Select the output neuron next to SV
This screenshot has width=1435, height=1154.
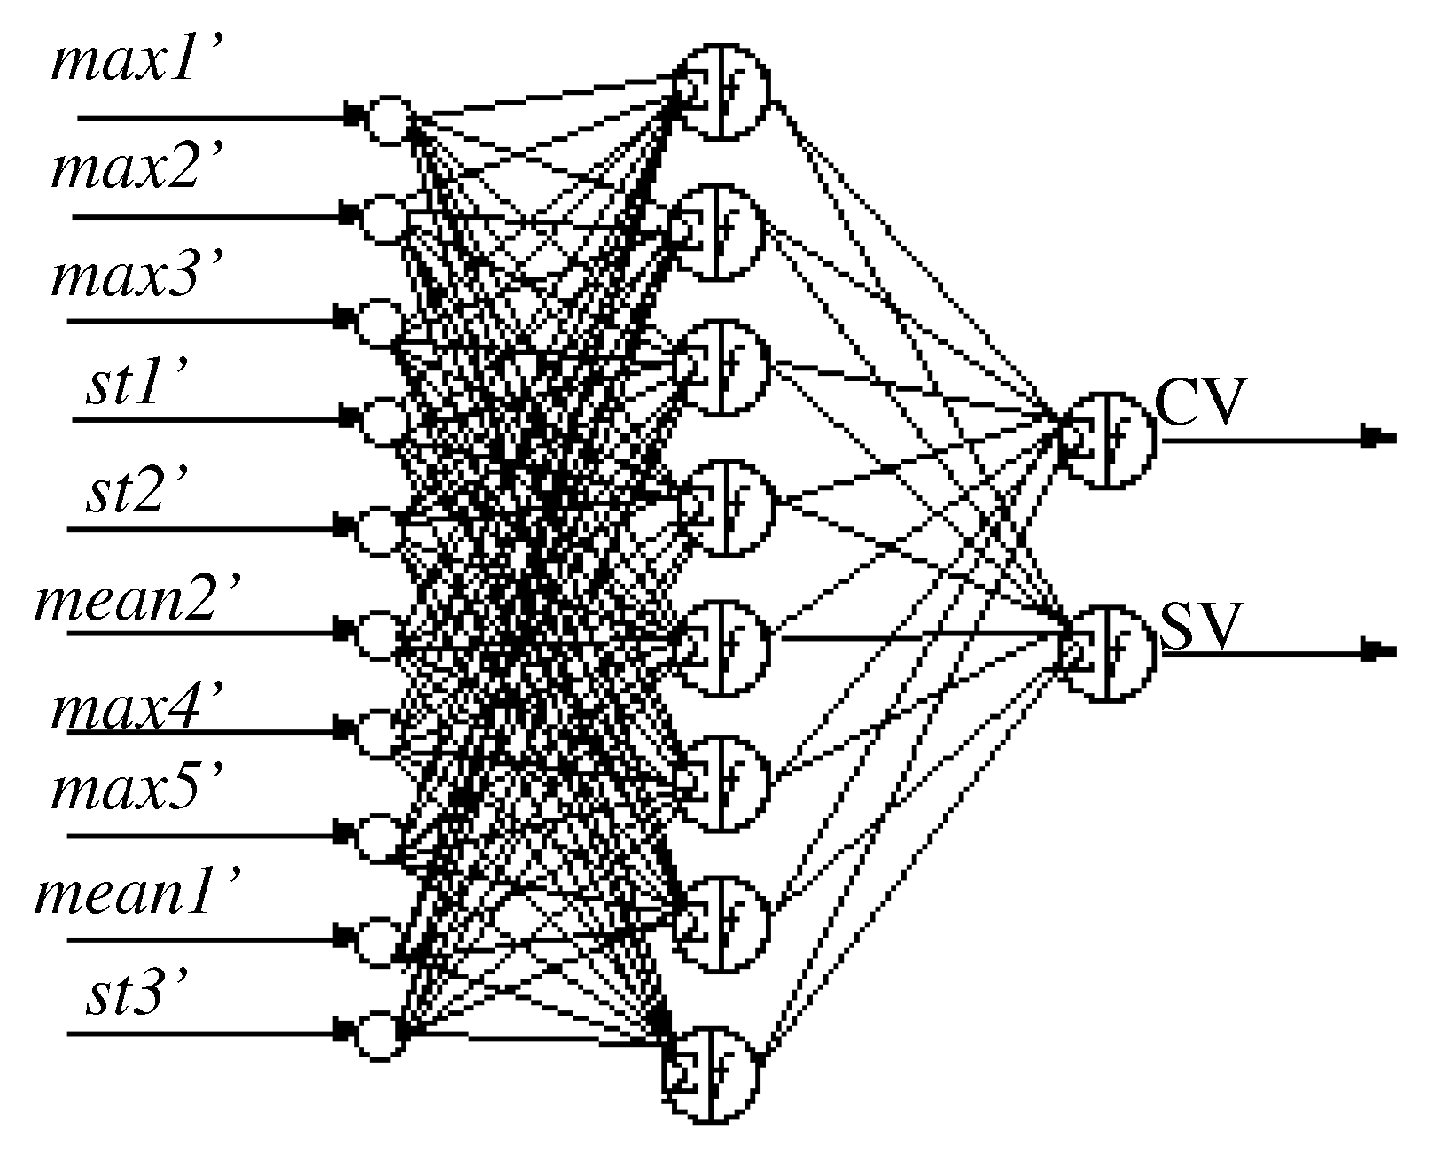click(1110, 653)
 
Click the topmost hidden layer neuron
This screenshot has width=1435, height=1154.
click(722, 90)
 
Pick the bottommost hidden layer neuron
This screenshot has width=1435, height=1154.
click(714, 1075)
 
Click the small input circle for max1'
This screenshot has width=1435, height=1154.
click(389, 120)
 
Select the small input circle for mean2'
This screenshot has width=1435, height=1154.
click(378, 634)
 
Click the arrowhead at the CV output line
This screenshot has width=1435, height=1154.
click(1378, 437)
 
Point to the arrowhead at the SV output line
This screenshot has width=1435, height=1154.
click(1378, 652)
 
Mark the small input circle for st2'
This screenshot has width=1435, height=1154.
click(378, 529)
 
